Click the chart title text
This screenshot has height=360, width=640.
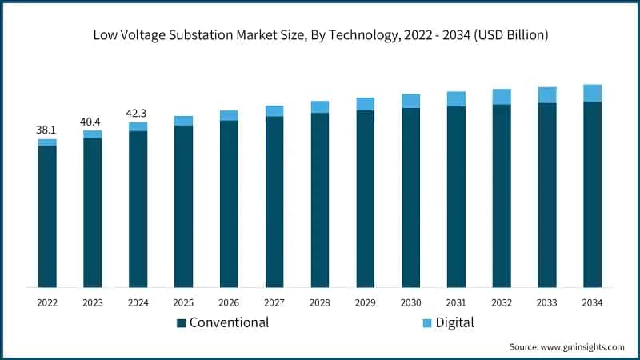(x=320, y=35)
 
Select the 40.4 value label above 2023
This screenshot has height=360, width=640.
(x=93, y=121)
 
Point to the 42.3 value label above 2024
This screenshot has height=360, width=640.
(x=138, y=113)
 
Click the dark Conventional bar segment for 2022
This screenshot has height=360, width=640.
(x=47, y=216)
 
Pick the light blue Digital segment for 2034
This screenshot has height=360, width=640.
(x=592, y=93)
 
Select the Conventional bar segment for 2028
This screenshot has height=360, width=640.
(x=320, y=200)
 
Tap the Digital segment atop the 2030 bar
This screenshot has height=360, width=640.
(x=411, y=101)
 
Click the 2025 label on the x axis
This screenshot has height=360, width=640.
(x=183, y=302)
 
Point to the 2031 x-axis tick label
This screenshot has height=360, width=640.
(x=456, y=302)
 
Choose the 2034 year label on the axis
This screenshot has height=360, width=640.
(x=592, y=302)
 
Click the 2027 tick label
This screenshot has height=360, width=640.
(x=274, y=302)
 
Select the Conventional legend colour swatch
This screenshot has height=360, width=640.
(x=181, y=323)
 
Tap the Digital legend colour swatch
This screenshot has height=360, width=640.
(x=426, y=323)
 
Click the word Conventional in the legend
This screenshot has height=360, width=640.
(x=229, y=323)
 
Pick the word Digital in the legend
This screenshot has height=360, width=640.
(x=455, y=323)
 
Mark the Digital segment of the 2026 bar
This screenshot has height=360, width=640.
(x=229, y=115)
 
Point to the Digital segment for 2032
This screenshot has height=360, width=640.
(x=502, y=97)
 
